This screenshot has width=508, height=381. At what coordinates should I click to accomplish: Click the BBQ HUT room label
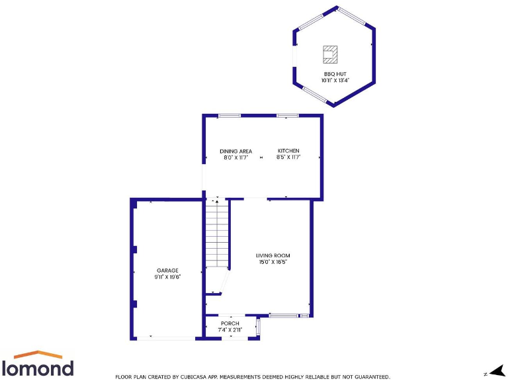click(x=335, y=73)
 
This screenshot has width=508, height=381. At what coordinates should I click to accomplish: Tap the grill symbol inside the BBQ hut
click(x=330, y=52)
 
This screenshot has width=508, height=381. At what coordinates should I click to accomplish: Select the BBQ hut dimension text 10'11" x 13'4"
click(x=335, y=80)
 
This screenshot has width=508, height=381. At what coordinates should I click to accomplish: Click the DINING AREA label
click(x=236, y=151)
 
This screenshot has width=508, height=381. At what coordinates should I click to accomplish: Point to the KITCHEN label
click(x=288, y=151)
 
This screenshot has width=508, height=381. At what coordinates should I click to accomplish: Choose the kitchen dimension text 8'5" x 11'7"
click(x=288, y=157)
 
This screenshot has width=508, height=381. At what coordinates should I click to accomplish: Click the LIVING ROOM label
click(x=273, y=255)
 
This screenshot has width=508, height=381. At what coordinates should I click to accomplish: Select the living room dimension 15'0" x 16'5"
click(x=273, y=262)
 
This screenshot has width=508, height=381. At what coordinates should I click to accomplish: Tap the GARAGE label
click(x=167, y=270)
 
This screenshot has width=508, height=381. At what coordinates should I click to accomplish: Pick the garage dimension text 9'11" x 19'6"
click(x=167, y=276)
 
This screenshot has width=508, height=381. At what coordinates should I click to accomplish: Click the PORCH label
click(x=230, y=323)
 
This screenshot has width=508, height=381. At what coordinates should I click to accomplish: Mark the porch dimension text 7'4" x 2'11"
click(x=230, y=329)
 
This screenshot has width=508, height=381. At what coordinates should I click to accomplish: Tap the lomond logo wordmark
click(x=38, y=368)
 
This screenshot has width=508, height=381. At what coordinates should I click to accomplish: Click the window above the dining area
click(x=230, y=116)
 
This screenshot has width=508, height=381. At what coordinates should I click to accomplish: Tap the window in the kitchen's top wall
click(x=288, y=116)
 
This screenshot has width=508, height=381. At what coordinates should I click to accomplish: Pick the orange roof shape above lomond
click(x=38, y=355)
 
